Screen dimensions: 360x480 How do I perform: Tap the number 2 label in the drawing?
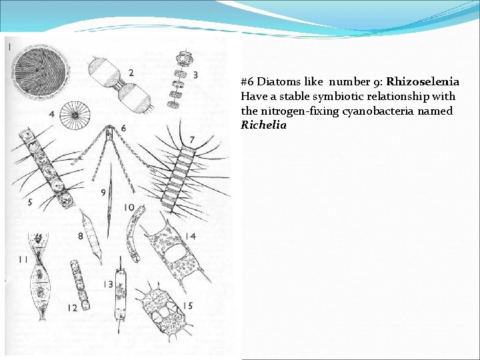click(x=131, y=72)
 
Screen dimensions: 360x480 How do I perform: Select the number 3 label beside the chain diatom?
click(x=195, y=75)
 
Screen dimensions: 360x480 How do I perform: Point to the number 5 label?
click(x=29, y=202)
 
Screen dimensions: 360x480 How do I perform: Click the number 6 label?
click(x=123, y=128)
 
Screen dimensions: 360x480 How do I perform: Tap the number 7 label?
click(x=192, y=139)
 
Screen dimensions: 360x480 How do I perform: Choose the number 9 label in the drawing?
click(x=103, y=192)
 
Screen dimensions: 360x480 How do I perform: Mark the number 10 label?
click(x=128, y=208)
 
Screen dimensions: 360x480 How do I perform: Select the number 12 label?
click(x=71, y=308)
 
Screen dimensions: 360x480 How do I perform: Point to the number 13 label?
click(x=108, y=285)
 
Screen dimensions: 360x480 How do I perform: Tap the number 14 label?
click(x=191, y=236)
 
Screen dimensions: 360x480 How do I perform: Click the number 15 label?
click(x=188, y=305)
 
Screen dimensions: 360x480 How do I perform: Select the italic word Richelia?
click(x=263, y=125)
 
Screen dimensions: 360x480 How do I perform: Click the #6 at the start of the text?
click(x=247, y=82)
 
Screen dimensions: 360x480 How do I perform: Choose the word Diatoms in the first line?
click(x=277, y=82)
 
